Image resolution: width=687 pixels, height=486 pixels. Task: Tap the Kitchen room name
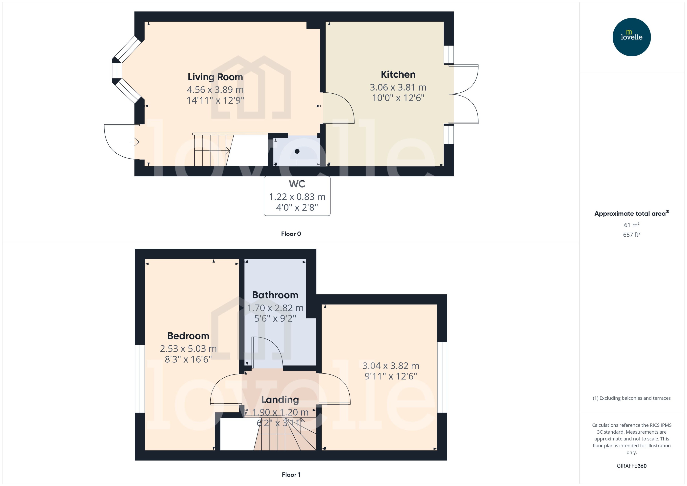tap(398, 74)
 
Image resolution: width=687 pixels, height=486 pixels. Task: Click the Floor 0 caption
tap(291, 234)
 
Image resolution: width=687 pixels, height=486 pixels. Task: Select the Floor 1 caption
tap(291, 475)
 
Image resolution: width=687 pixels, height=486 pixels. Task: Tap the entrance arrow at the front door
tap(135, 142)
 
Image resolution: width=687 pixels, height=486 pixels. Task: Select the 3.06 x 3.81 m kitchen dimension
tap(398, 87)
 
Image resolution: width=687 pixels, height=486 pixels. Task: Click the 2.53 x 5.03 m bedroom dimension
tap(188, 349)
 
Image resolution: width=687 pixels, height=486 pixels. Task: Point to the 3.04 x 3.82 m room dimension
tap(390, 366)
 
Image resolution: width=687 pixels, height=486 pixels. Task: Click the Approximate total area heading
tap(630, 214)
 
